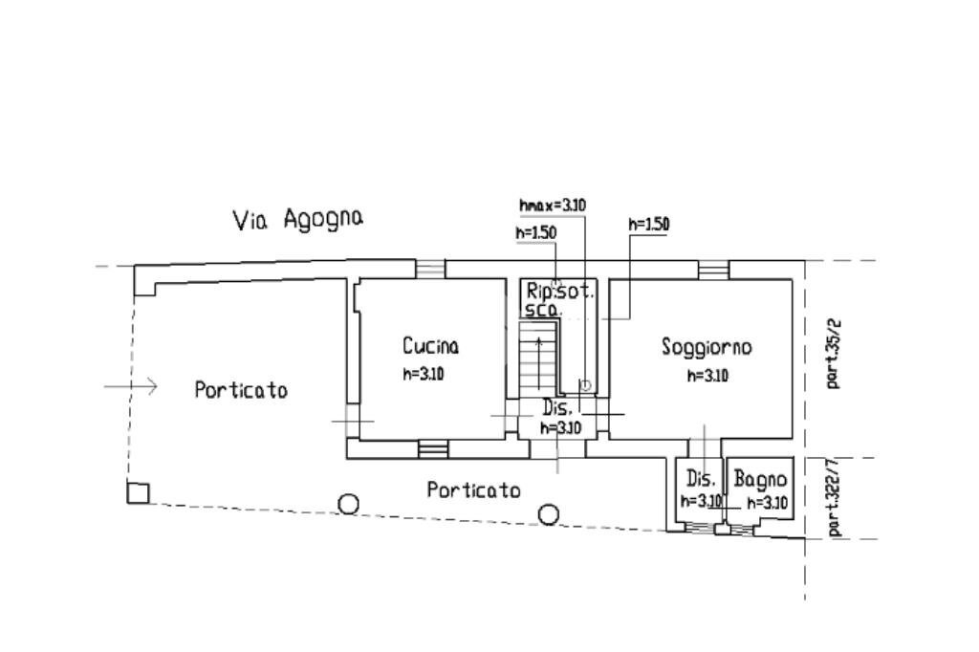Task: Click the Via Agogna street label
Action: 298,220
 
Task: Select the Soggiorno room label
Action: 707,347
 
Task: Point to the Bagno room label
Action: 761,479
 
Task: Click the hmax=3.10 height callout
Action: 553,205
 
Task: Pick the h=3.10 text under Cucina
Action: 423,374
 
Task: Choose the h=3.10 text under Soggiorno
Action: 707,376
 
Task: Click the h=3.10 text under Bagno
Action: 767,502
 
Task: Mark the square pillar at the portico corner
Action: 139,492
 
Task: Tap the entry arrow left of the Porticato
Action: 131,386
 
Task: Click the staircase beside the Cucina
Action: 537,359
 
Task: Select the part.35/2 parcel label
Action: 834,359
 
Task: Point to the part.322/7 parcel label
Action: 834,497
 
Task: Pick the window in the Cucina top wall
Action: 430,269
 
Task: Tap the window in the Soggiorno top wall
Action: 712,270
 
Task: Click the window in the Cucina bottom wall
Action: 433,447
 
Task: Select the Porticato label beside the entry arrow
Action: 241,390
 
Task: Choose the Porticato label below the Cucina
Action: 474,490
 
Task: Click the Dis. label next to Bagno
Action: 702,479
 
